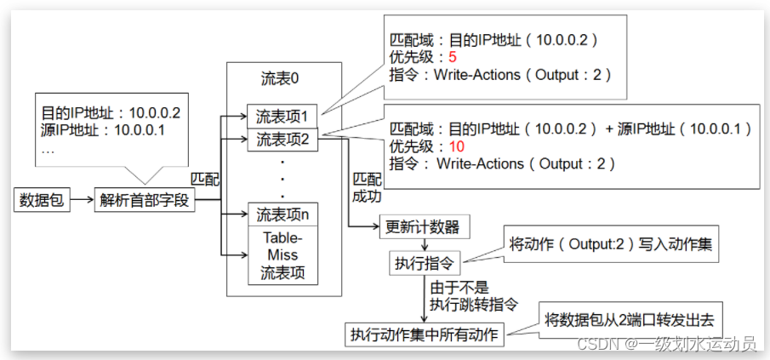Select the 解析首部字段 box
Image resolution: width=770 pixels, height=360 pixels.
tap(145, 202)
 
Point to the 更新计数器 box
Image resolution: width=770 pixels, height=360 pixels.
tap(423, 227)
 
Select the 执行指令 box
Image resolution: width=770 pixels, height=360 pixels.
tap(423, 261)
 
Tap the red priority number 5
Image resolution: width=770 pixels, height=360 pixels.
tap(453, 58)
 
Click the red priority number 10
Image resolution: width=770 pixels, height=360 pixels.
tap(457, 146)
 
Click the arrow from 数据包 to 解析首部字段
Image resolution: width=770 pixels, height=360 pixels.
tap(80, 202)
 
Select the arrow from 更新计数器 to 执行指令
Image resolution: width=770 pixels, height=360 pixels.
tap(423, 244)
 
